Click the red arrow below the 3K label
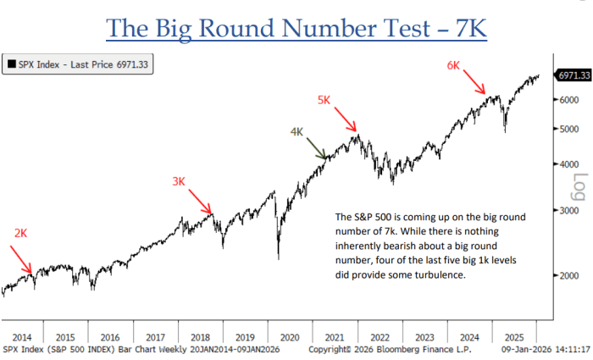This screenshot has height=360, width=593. (x=201, y=202)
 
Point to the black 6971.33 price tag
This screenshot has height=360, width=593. (x=572, y=76)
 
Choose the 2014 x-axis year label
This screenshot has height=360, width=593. (x=23, y=335)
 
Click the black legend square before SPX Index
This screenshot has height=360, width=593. (x=11, y=64)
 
